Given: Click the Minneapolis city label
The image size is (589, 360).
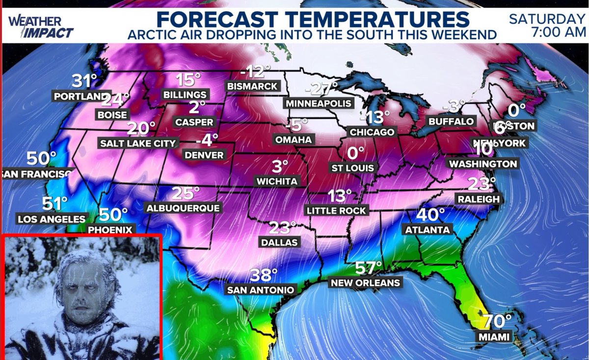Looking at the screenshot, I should [319, 103].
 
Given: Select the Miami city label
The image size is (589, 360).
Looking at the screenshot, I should [494, 337].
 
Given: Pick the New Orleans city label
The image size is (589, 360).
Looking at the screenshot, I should [365, 283].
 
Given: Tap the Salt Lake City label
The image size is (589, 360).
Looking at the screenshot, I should [138, 143].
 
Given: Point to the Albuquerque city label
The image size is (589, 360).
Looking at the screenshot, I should [183, 208].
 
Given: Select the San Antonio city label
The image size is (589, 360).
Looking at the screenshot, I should [261, 290].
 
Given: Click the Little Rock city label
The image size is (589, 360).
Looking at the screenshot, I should [336, 210].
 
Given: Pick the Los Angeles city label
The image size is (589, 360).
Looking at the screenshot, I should [52, 219].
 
